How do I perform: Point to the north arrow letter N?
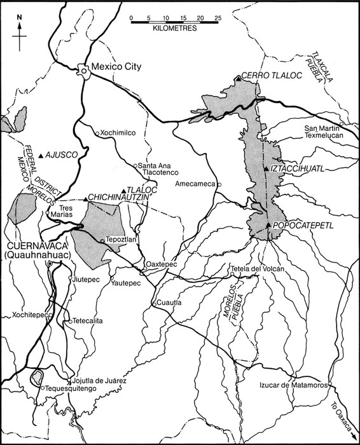pyautogui.click(x=19, y=17)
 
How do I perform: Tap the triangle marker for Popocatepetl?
pyautogui.click(x=269, y=225)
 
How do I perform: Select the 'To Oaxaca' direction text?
pyautogui.click(x=342, y=414)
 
